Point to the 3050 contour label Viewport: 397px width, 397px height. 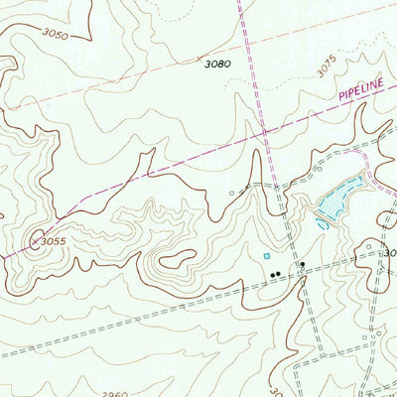coord(56,35)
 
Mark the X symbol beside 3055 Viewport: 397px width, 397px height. coord(34,240)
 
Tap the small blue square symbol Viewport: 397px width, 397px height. coord(265,256)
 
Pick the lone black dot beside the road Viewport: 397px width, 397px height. coord(303,265)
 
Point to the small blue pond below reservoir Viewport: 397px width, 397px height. coord(323,224)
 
